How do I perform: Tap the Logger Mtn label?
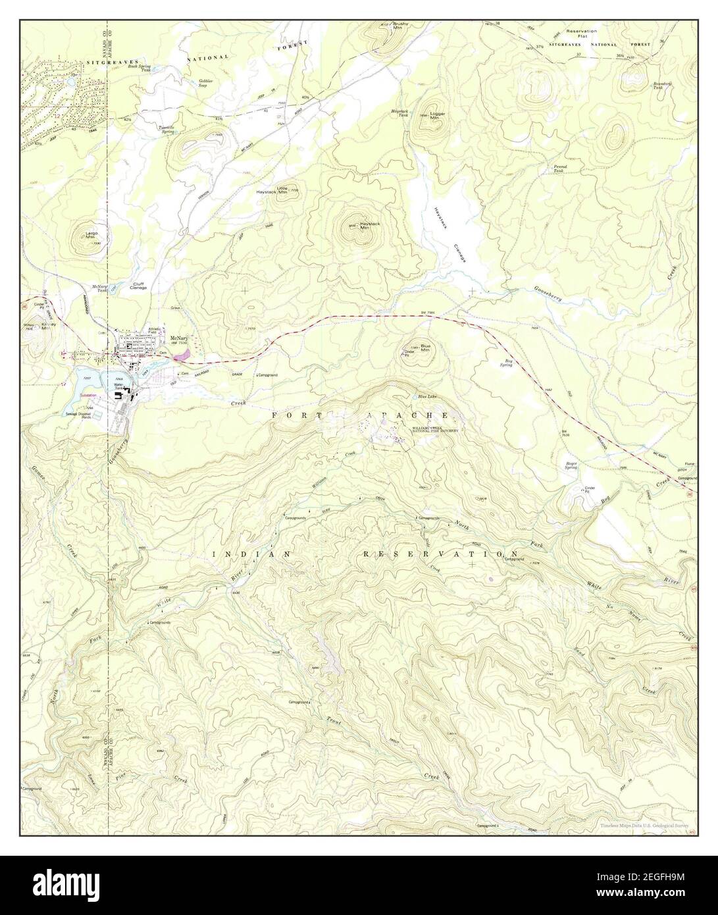[x=438, y=116]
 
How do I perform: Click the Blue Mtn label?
[x=425, y=348]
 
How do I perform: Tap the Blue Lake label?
[x=427, y=397]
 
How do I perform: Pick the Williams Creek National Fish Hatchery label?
[x=434, y=429]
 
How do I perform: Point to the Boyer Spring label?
[x=571, y=465]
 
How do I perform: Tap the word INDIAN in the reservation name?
[x=252, y=554]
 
